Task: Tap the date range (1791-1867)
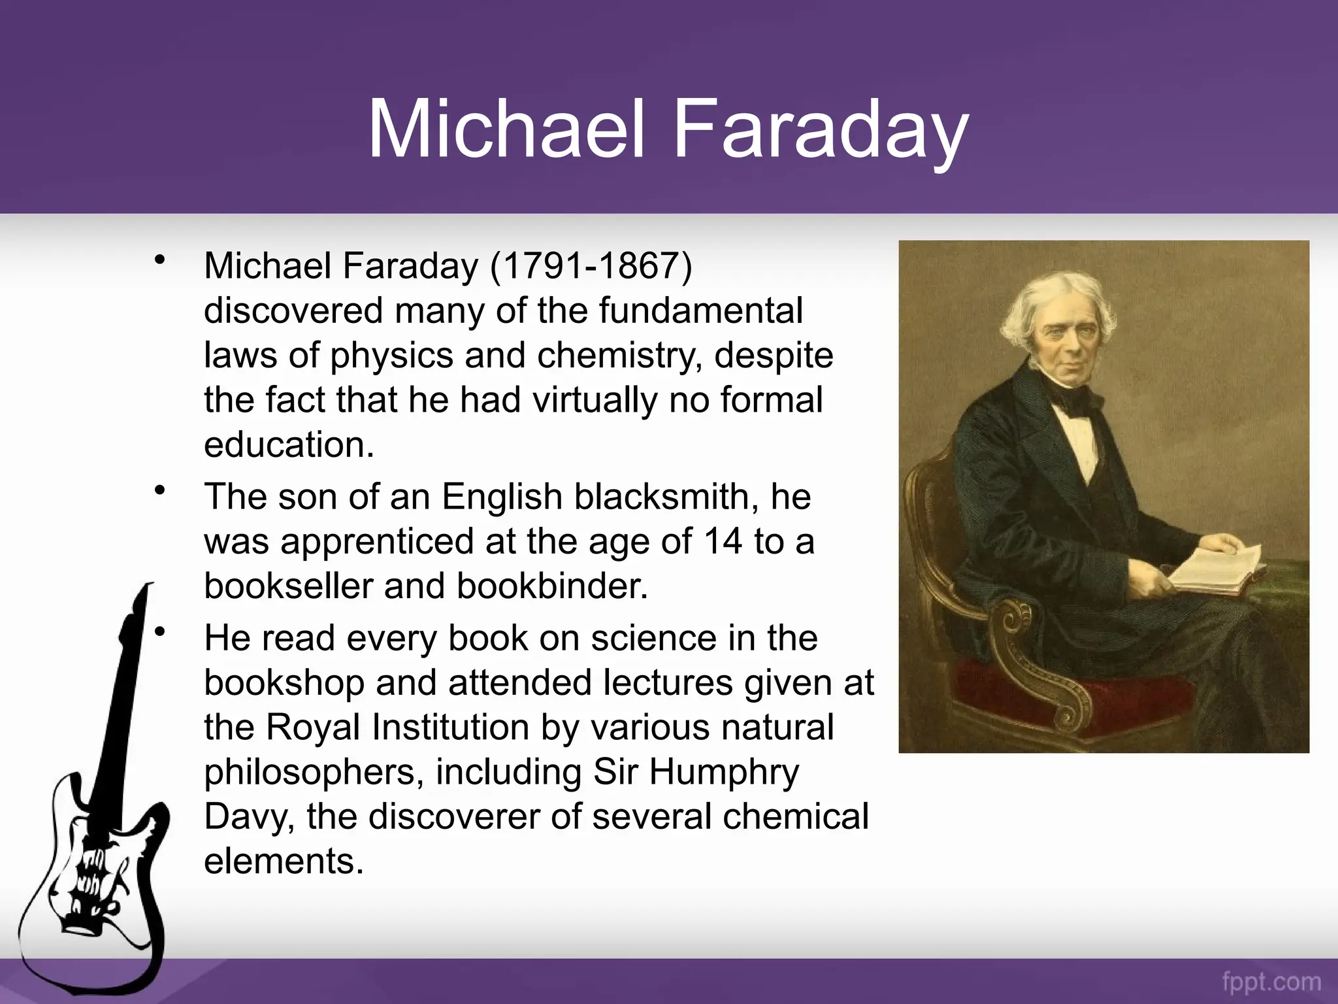tap(591, 266)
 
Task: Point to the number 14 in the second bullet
tap(723, 541)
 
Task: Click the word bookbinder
tap(552, 586)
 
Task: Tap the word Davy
tap(249, 817)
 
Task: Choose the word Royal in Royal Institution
tap(313, 728)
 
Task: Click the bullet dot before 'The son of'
tap(159, 490)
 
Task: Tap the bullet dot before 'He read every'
tap(159, 631)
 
